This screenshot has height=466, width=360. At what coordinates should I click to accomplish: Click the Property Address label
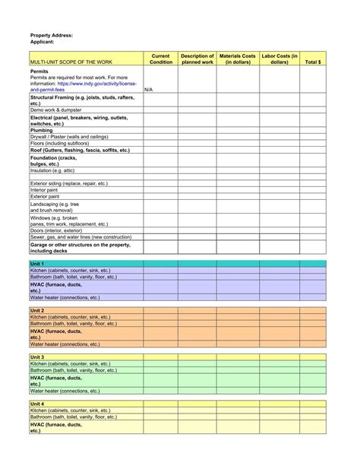tap(52, 36)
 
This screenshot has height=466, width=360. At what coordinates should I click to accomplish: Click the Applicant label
tap(43, 43)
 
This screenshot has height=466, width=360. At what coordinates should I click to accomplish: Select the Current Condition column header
tap(160, 59)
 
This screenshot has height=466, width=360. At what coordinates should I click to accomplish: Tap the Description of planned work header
tap(197, 59)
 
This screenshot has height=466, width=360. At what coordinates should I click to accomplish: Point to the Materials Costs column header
tap(238, 59)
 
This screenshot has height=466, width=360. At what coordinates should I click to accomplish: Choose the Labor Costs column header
tap(279, 59)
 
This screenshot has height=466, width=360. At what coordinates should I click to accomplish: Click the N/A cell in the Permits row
tap(148, 90)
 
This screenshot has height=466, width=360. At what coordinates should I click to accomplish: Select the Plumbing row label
tap(43, 130)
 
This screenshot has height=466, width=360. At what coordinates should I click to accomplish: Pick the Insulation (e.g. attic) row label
tap(58, 170)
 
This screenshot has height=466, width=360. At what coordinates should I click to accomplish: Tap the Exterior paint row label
tap(45, 196)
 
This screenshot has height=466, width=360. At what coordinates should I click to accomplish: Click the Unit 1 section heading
tap(37, 263)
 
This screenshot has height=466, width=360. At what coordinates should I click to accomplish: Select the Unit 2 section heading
tap(37, 311)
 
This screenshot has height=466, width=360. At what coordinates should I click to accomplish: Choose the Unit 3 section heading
tap(37, 357)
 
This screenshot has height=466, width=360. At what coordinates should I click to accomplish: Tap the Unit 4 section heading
tap(37, 404)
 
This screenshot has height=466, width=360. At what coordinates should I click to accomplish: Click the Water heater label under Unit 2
tap(65, 344)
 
